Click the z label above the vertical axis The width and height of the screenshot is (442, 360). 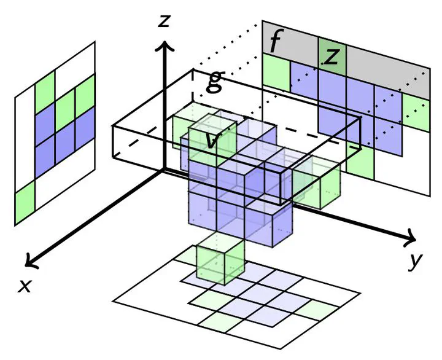pyautogui.click(x=163, y=22)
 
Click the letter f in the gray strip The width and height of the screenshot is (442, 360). pyautogui.click(x=276, y=42)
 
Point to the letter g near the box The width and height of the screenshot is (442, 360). pyautogui.click(x=212, y=80)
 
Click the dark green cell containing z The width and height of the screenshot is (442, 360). pyautogui.click(x=332, y=55)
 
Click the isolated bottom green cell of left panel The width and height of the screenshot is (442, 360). pyautogui.click(x=25, y=205)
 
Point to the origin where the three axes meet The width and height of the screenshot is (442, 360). pyautogui.click(x=163, y=170)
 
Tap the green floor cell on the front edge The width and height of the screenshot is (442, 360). pyautogui.click(x=219, y=319)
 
